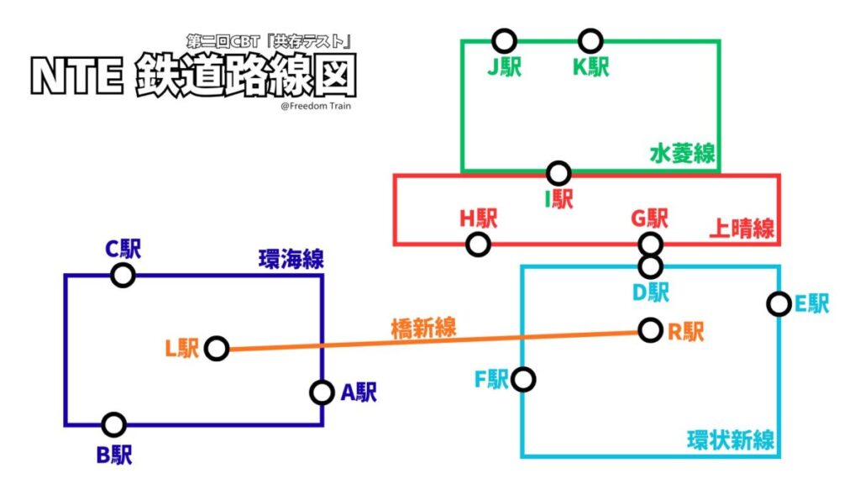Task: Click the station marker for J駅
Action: click(x=504, y=39)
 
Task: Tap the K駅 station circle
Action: click(x=590, y=39)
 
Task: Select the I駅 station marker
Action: click(x=558, y=173)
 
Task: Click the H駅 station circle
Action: click(x=478, y=245)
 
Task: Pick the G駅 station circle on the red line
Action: click(x=650, y=245)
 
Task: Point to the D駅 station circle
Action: click(x=650, y=266)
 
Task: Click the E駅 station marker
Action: click(x=779, y=303)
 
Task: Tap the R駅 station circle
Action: click(x=650, y=329)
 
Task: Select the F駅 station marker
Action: click(x=523, y=379)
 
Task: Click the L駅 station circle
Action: click(x=217, y=348)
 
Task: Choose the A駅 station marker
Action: click(x=322, y=392)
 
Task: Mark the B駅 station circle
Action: click(x=113, y=424)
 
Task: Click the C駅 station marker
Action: click(x=123, y=275)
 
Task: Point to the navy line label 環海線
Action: click(x=291, y=260)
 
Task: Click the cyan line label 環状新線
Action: click(x=730, y=439)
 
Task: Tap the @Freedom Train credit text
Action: click(x=317, y=106)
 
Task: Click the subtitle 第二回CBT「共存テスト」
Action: click(x=268, y=41)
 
